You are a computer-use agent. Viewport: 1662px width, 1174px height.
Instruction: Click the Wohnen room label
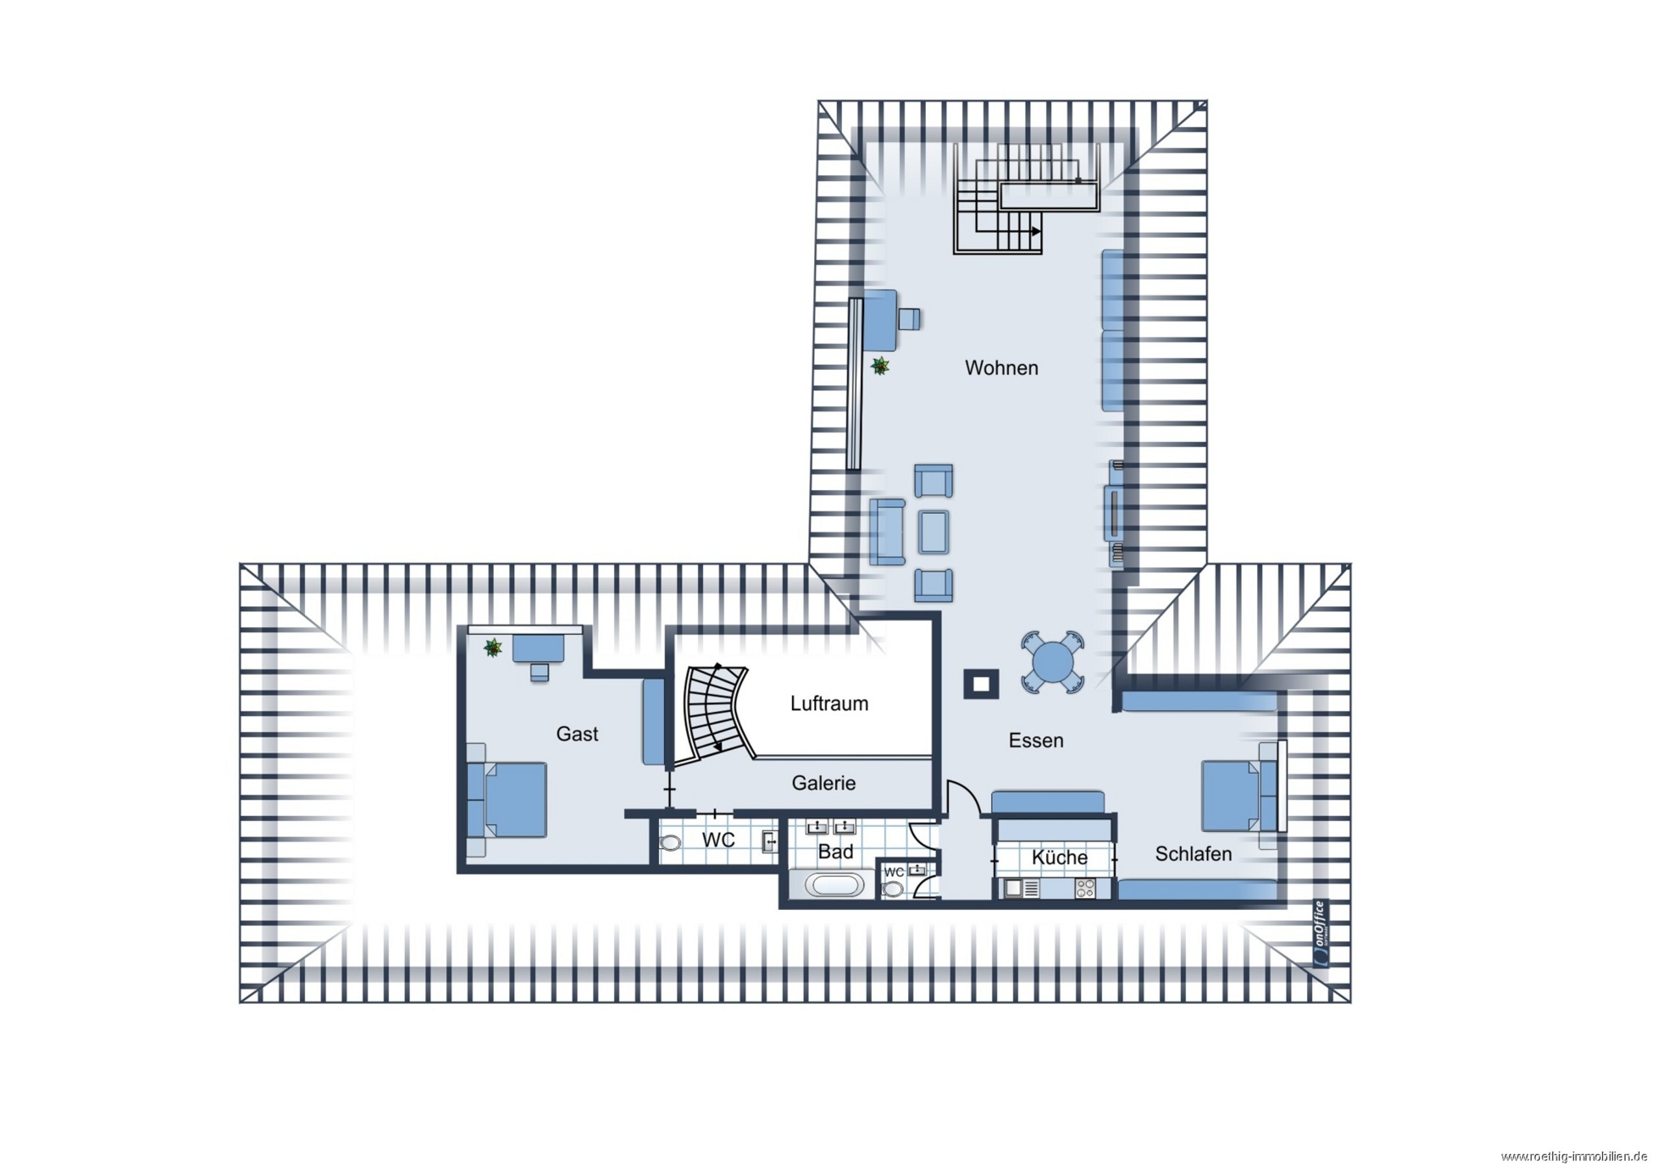click(x=1001, y=368)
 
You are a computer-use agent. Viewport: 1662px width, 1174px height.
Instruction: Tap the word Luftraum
click(x=829, y=703)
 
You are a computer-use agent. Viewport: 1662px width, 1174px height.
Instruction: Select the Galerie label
click(x=824, y=783)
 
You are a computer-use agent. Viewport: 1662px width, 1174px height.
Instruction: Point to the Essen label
click(x=1036, y=740)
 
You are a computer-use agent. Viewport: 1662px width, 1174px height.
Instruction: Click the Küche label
click(x=1060, y=858)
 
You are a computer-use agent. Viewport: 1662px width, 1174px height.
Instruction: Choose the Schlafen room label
click(x=1194, y=854)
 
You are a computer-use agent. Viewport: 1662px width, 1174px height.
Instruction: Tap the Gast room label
click(x=577, y=734)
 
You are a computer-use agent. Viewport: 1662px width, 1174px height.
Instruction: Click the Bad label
click(x=836, y=852)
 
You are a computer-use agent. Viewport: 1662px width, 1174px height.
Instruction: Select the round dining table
click(x=1053, y=661)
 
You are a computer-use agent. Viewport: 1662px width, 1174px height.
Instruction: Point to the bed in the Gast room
click(x=506, y=800)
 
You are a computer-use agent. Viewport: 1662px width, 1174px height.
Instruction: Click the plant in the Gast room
click(x=493, y=647)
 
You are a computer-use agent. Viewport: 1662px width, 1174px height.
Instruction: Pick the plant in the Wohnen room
click(x=880, y=366)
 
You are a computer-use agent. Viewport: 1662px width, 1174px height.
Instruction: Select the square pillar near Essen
click(x=981, y=684)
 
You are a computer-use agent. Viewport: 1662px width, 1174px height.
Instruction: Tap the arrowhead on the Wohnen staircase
click(x=1037, y=232)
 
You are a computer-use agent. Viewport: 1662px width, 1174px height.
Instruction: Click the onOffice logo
click(x=1321, y=933)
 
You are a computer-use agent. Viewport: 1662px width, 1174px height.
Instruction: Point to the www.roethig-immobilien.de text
click(x=1581, y=1156)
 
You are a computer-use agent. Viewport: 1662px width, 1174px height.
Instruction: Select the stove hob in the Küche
click(x=1085, y=888)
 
